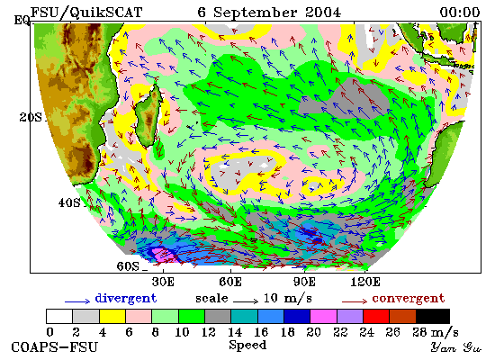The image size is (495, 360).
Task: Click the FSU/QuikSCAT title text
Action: [x=86, y=13]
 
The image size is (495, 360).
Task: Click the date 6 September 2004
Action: [x=269, y=13]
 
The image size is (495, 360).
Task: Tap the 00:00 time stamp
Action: [x=460, y=13]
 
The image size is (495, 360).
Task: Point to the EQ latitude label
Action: [x=22, y=21]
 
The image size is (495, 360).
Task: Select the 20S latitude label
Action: [x=31, y=118]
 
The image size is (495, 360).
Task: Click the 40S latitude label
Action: [x=69, y=202]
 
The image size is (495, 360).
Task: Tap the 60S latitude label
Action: [x=128, y=266]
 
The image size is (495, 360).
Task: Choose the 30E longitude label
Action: [x=163, y=282]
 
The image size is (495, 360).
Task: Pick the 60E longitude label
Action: [x=230, y=282]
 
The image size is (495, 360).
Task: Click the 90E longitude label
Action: [x=304, y=282]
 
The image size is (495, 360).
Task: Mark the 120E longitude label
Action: [x=365, y=282]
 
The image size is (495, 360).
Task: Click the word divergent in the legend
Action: [x=126, y=299]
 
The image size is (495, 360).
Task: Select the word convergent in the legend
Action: [x=409, y=299]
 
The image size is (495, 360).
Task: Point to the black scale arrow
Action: [x=246, y=301]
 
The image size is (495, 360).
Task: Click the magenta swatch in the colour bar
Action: [x=323, y=317]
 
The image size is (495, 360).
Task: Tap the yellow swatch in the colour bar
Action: [x=112, y=317]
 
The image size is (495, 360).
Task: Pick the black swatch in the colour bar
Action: [x=433, y=317]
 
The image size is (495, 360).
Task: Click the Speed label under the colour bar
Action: [x=247, y=345]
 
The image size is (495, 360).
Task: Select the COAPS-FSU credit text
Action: [x=55, y=347]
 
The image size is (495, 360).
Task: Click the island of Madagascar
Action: [x=148, y=115]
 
